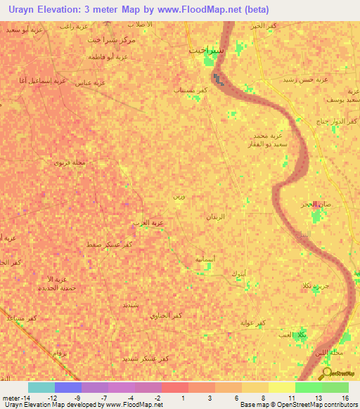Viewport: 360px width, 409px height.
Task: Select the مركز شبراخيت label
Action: [x=112, y=40]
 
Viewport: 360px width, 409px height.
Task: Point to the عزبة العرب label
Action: [x=148, y=223]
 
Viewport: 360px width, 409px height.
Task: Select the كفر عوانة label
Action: [x=251, y=323]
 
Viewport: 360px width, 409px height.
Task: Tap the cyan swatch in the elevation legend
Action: [x=41, y=387]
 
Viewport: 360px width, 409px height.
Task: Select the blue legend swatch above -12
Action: [x=68, y=387]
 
